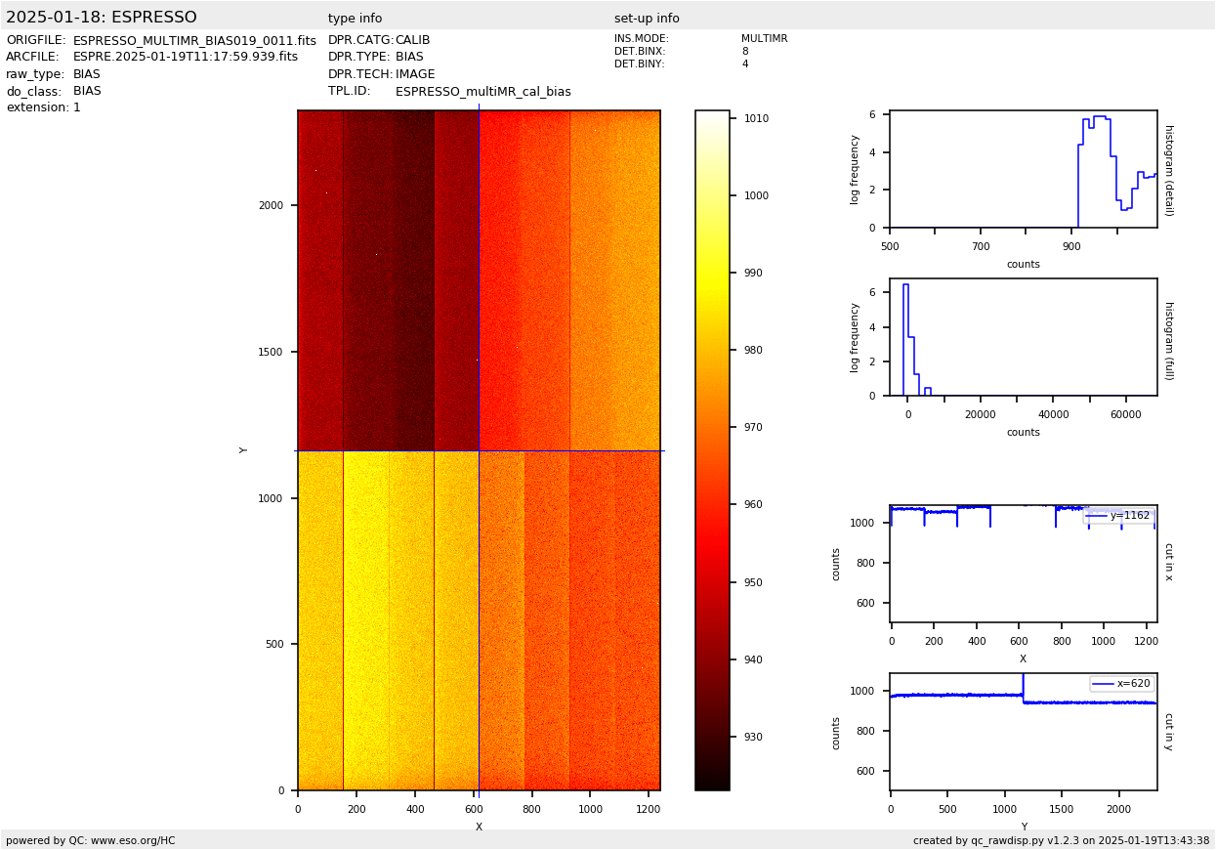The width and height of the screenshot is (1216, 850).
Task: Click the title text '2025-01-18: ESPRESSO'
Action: tap(102, 18)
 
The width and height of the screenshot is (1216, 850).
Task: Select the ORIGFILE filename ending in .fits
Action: tap(194, 41)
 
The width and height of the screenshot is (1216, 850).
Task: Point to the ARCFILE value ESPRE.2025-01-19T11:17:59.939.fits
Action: tap(186, 58)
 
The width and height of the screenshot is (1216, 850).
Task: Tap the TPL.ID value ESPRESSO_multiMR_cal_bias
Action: tap(482, 92)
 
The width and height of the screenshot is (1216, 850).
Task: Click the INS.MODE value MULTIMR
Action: tap(764, 39)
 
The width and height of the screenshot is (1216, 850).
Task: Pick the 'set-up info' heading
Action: tap(647, 19)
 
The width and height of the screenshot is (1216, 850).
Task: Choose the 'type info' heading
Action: tap(355, 19)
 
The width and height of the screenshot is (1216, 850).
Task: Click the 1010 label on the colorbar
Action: tap(757, 119)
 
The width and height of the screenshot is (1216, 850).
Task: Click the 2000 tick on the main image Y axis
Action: tap(271, 206)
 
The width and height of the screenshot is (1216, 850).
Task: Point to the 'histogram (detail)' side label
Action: tap(1168, 170)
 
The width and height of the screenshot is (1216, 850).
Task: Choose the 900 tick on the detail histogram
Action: tap(1071, 247)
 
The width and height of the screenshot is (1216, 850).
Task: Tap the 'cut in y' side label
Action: tap(1168, 731)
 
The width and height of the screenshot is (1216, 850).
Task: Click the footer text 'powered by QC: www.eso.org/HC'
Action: tap(90, 841)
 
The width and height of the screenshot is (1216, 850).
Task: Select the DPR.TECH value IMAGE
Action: tap(415, 74)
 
